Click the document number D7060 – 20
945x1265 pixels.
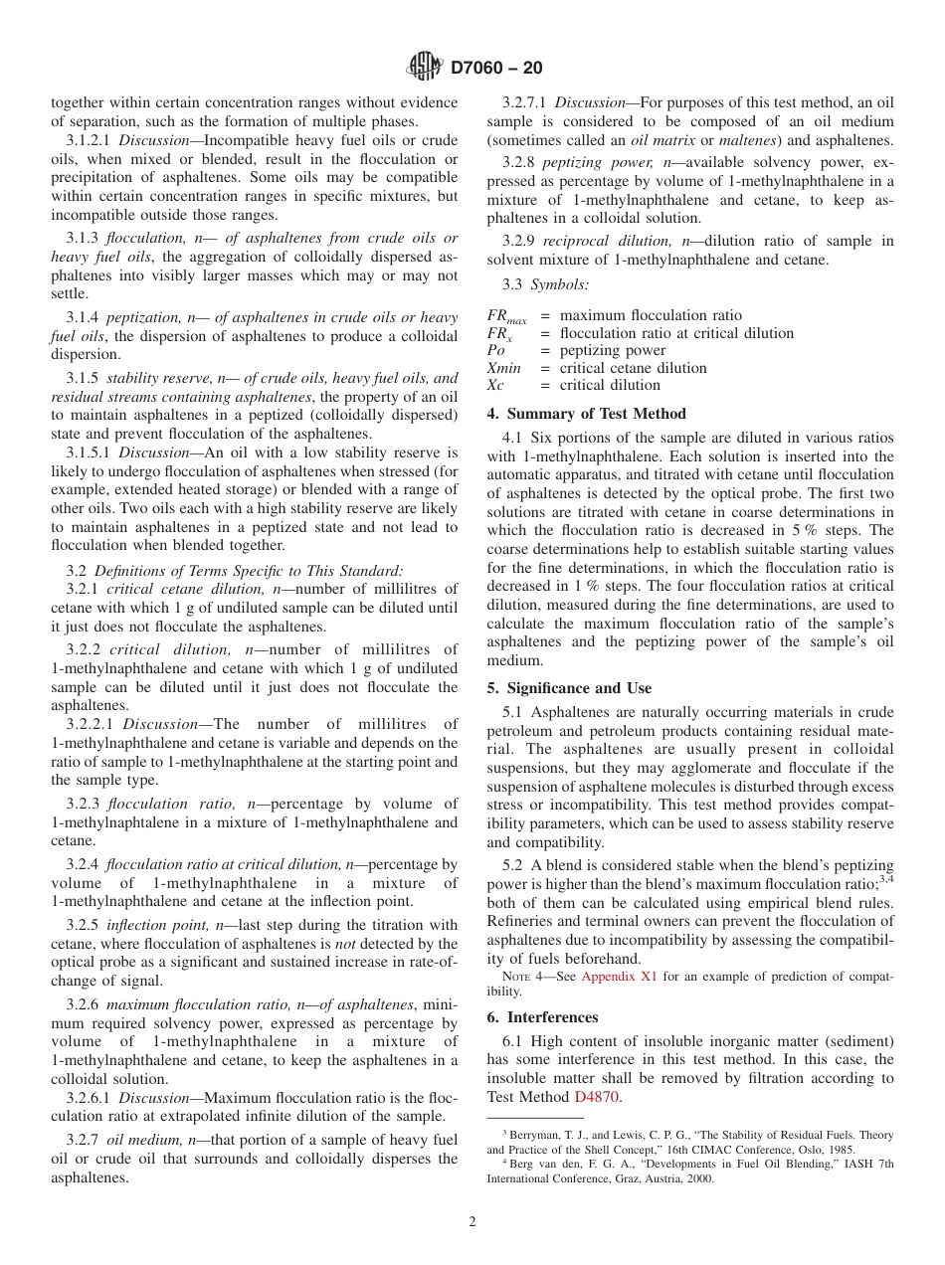(496, 69)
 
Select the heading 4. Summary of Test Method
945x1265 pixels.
(586, 414)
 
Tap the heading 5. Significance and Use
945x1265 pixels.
(569, 688)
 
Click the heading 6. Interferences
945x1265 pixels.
(542, 1017)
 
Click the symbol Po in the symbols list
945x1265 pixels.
(495, 351)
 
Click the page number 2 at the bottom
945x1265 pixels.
(472, 1222)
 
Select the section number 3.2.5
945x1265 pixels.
(82, 925)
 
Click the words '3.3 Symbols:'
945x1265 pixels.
(532, 284)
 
